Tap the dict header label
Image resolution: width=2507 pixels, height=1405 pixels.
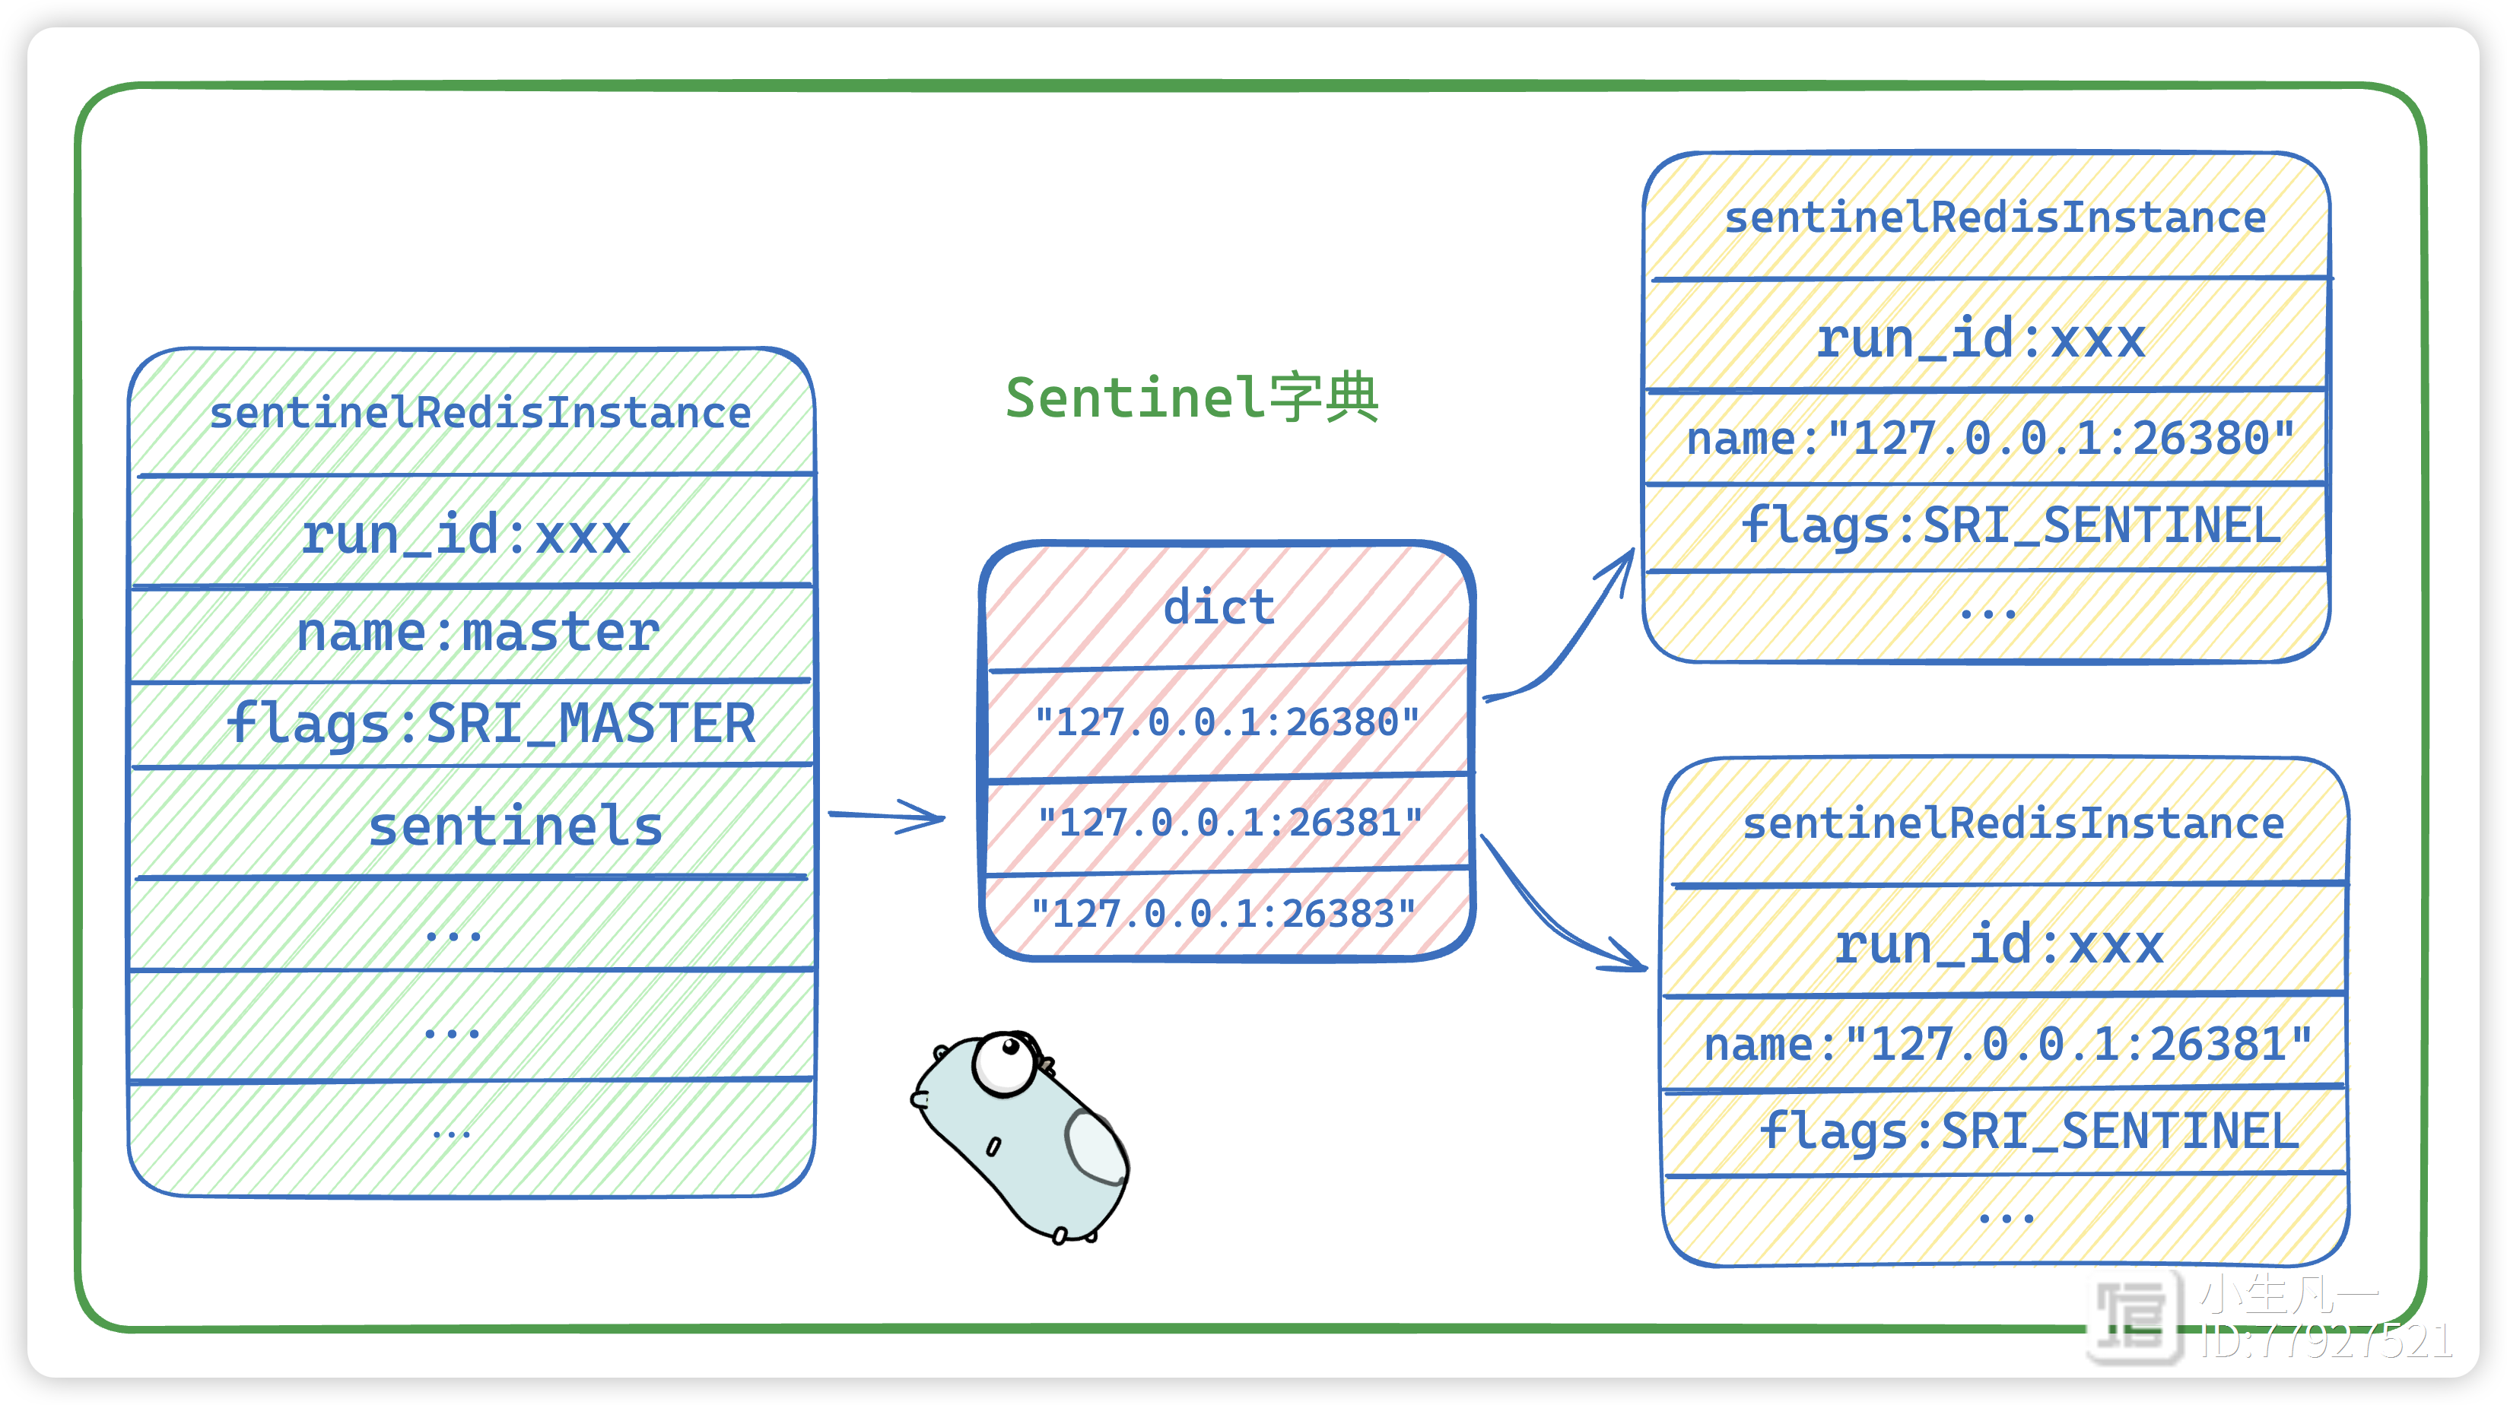click(x=1219, y=607)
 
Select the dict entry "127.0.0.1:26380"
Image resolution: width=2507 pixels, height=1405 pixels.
click(x=1226, y=722)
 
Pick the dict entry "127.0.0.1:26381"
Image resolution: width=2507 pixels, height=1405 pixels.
click(x=1229, y=822)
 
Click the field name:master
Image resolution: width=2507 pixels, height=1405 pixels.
click(x=477, y=633)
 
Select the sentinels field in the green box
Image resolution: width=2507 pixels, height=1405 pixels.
click(x=515, y=826)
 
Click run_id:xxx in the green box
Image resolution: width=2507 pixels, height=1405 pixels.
click(x=465, y=534)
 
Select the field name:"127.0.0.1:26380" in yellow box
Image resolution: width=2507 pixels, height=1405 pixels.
click(x=1991, y=438)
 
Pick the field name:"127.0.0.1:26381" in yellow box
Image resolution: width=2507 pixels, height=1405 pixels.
click(x=2008, y=1044)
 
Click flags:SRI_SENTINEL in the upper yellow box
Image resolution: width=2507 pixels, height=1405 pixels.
click(x=2010, y=525)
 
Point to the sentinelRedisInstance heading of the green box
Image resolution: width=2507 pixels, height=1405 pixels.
click(x=480, y=414)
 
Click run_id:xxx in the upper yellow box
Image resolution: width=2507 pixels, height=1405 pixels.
click(x=1981, y=338)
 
